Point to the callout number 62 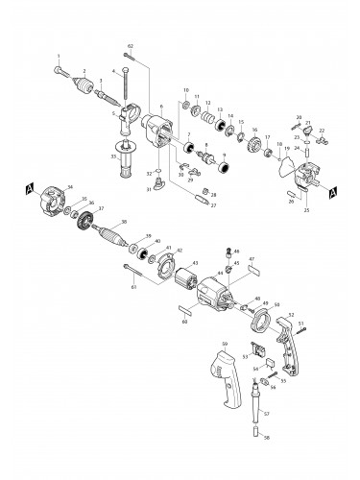131,47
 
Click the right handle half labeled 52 288,345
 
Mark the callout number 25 307,209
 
